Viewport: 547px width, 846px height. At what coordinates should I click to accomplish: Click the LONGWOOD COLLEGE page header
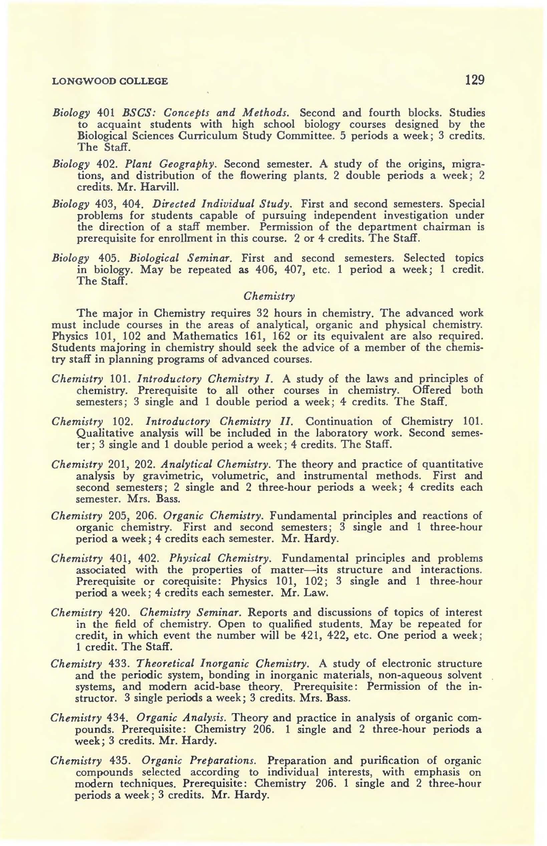point(110,81)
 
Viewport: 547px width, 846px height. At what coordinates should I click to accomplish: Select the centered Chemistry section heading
point(269,296)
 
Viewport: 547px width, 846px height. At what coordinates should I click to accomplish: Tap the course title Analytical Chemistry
point(217,465)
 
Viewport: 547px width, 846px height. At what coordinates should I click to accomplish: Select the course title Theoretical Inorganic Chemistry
point(223,664)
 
